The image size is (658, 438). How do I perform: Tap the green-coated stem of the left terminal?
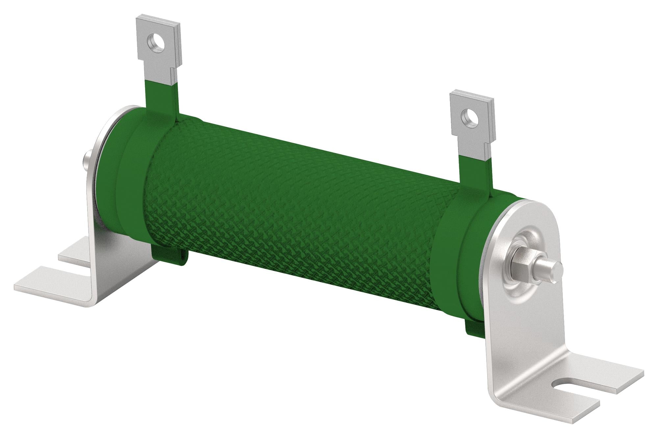(161, 97)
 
